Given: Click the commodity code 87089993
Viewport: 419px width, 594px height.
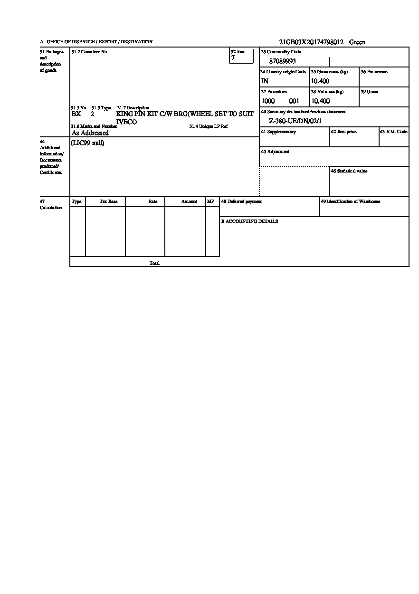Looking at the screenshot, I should [282, 61].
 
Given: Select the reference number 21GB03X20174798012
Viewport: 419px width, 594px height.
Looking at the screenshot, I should [311, 42].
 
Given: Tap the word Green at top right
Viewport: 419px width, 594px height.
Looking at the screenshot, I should [357, 42].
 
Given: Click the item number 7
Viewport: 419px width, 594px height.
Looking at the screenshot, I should [233, 58].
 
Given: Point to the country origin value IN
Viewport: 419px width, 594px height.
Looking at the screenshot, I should [265, 81].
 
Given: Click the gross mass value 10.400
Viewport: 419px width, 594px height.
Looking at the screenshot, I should [320, 81].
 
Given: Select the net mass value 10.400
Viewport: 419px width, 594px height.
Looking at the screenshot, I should [320, 101].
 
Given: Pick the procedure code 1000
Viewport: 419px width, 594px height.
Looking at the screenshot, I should [268, 101].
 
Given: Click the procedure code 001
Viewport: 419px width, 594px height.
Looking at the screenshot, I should [294, 101].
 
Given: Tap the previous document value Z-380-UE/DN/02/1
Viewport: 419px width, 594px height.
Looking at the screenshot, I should [295, 121].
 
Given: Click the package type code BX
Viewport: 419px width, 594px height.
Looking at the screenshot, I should [76, 114].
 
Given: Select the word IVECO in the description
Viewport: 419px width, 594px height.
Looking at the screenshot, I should [126, 122].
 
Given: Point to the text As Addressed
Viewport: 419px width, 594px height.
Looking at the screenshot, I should [90, 133].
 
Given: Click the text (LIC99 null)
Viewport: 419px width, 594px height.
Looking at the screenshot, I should [87, 143].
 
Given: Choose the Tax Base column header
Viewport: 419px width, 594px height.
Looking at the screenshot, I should [108, 201].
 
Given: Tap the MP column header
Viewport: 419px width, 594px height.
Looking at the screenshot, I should [210, 201].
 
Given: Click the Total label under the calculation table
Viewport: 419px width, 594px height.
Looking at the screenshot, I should [154, 263].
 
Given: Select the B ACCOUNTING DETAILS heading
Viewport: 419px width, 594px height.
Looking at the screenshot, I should [249, 221].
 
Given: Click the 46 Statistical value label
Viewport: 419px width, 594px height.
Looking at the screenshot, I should [349, 171].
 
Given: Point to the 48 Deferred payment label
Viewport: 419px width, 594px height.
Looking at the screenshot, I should [241, 201].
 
